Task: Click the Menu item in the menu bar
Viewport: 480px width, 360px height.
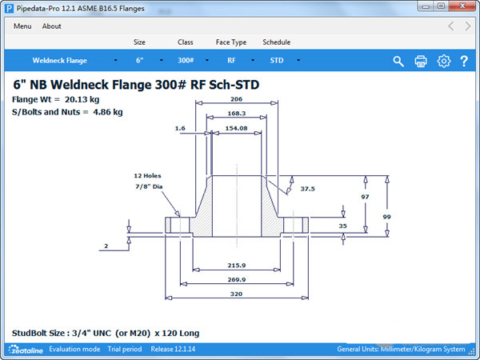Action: click(22, 26)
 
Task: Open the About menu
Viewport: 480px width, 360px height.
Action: click(51, 26)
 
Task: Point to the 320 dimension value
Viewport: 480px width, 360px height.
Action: click(235, 294)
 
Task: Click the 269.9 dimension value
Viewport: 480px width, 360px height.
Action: click(235, 279)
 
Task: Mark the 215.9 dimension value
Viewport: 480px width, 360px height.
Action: click(235, 265)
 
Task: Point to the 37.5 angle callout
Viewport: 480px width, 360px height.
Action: click(307, 189)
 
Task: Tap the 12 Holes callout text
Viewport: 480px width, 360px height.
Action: click(149, 175)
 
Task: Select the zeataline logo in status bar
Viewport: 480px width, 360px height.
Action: click(26, 350)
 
